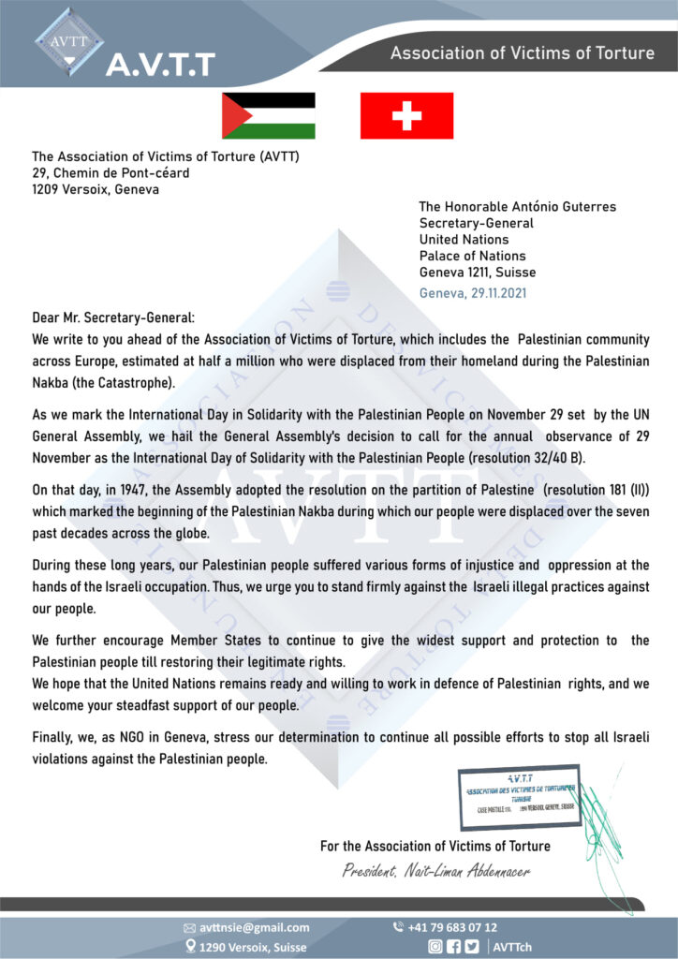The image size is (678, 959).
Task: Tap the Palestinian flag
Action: (268, 115)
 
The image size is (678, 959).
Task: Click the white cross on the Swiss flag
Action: (406, 115)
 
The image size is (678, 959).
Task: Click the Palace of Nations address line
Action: (472, 256)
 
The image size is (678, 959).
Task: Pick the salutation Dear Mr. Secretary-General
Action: (114, 319)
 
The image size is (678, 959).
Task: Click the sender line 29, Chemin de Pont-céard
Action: (111, 173)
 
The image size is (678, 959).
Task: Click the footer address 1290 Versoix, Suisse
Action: (253, 947)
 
